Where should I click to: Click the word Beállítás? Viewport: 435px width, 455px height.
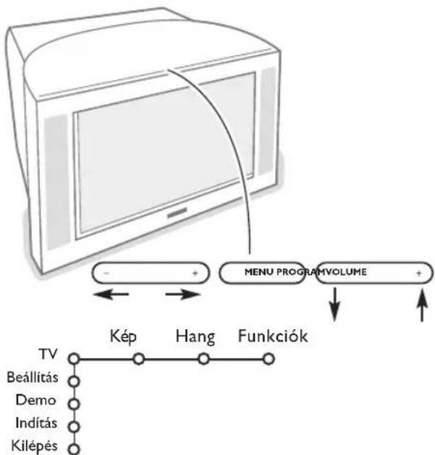pos(33,378)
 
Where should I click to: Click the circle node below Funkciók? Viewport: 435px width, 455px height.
pos(268,357)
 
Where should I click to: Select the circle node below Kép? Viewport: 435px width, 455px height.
pos(138,357)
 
